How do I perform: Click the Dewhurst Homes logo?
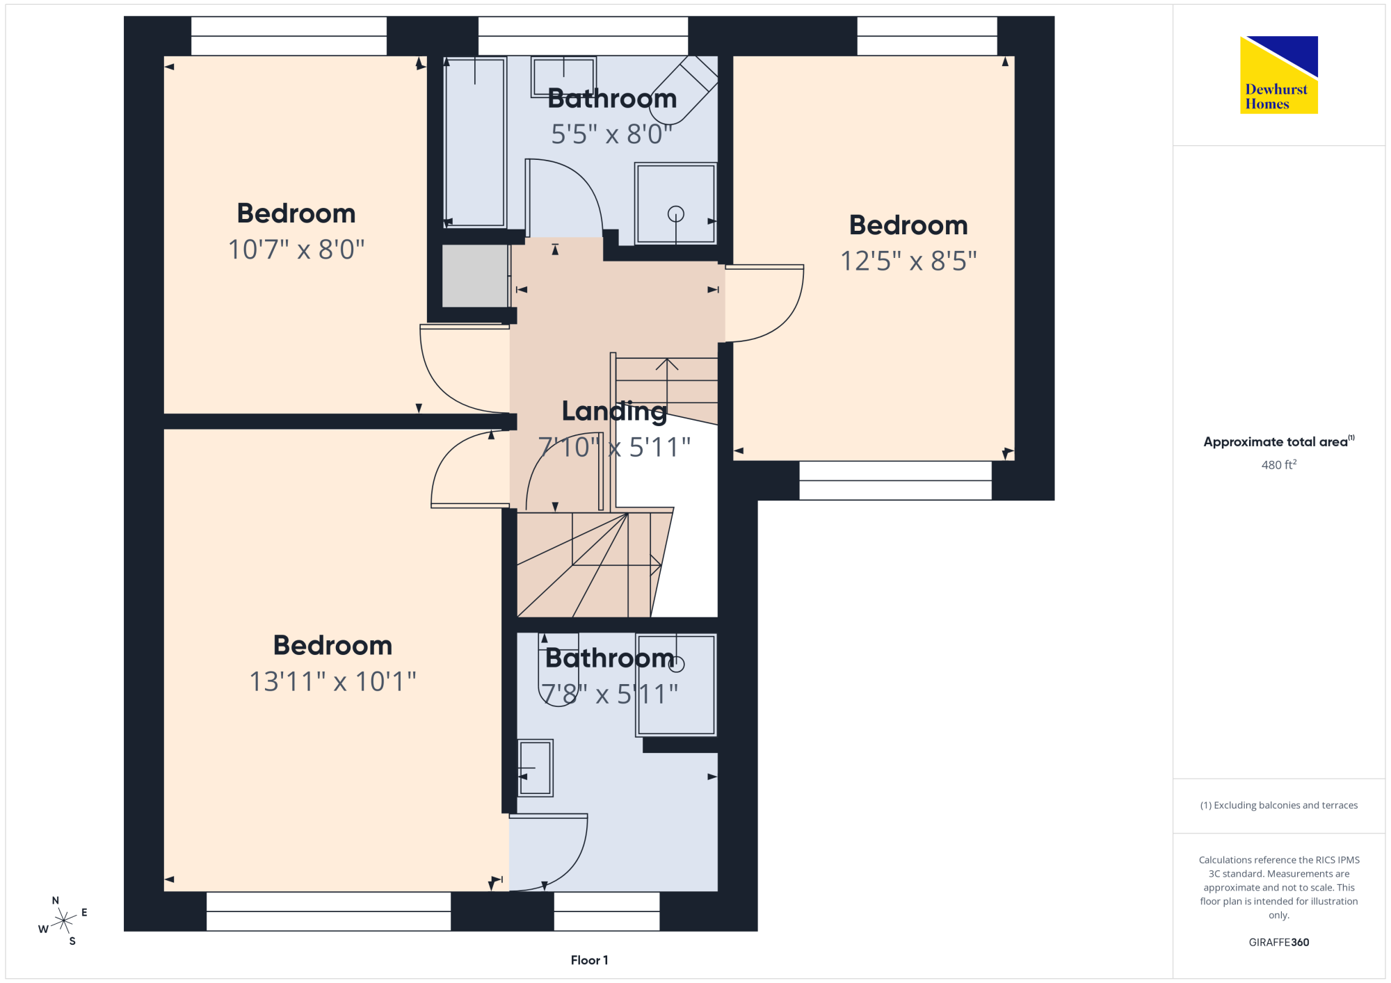(x=1278, y=74)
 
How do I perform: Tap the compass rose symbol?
(x=63, y=920)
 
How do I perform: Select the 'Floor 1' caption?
(x=589, y=960)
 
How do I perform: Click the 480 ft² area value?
(x=1278, y=464)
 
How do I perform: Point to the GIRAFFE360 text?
(x=1278, y=942)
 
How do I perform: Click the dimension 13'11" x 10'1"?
(x=332, y=681)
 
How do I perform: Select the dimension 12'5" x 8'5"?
(x=908, y=261)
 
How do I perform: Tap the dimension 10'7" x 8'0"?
(x=296, y=249)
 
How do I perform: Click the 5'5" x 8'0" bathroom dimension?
(x=611, y=133)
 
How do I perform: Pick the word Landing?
(x=614, y=412)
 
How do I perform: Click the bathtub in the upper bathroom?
(x=475, y=142)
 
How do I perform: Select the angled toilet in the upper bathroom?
(x=684, y=90)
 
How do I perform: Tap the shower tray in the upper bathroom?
(x=675, y=203)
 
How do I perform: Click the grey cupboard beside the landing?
(x=475, y=275)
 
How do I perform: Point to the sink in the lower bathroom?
(x=535, y=767)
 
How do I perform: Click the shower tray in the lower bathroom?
(x=675, y=684)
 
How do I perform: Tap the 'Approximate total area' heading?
(x=1278, y=441)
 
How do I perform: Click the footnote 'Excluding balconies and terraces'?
(x=1278, y=805)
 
